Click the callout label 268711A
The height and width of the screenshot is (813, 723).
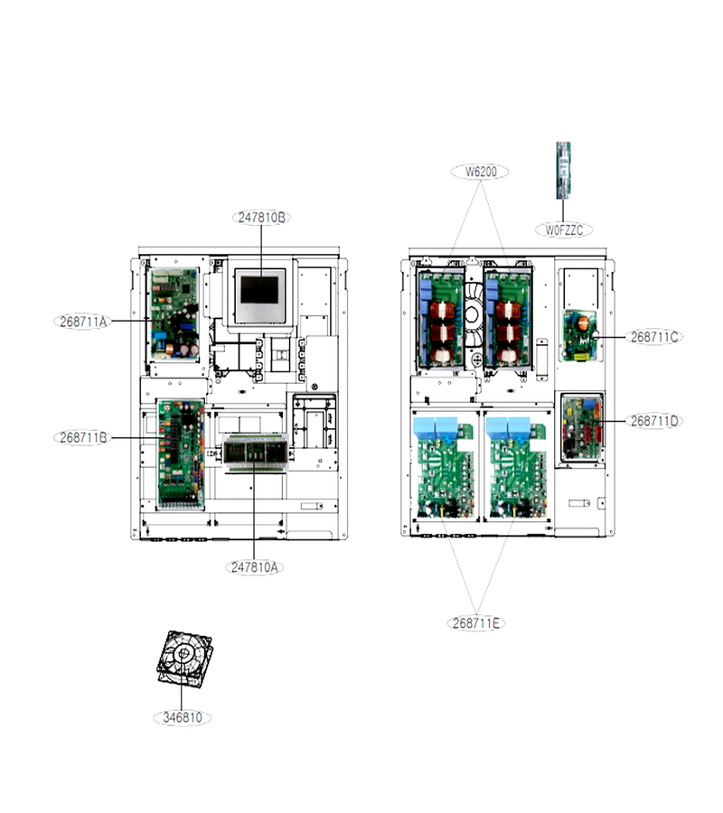pos(82,322)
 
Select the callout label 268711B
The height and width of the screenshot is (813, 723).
pos(82,437)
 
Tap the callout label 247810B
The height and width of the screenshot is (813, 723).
pos(261,217)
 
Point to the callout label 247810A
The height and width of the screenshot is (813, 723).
pos(254,567)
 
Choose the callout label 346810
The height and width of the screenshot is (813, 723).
pos(182,717)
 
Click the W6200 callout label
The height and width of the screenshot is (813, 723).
pos(480,172)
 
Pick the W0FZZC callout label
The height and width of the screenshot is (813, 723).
pos(564,229)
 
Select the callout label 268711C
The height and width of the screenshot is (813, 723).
pos(653,337)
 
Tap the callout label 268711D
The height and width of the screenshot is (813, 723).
pos(653,421)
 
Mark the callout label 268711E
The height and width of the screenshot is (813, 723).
pos(475,622)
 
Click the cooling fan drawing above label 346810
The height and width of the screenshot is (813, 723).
pos(184,659)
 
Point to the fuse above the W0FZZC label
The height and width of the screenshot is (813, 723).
pos(563,170)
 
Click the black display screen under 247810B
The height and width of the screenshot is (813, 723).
pos(259,290)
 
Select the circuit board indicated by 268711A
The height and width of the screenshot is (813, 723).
pos(174,314)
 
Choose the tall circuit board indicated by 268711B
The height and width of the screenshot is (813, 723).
pos(181,453)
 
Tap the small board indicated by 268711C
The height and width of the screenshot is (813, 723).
pos(579,335)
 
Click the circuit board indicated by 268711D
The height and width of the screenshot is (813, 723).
pos(582,429)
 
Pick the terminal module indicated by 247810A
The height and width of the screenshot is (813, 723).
pos(255,453)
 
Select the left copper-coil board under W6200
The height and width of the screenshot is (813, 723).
pos(441,319)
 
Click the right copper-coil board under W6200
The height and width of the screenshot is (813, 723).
pos(507,319)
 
